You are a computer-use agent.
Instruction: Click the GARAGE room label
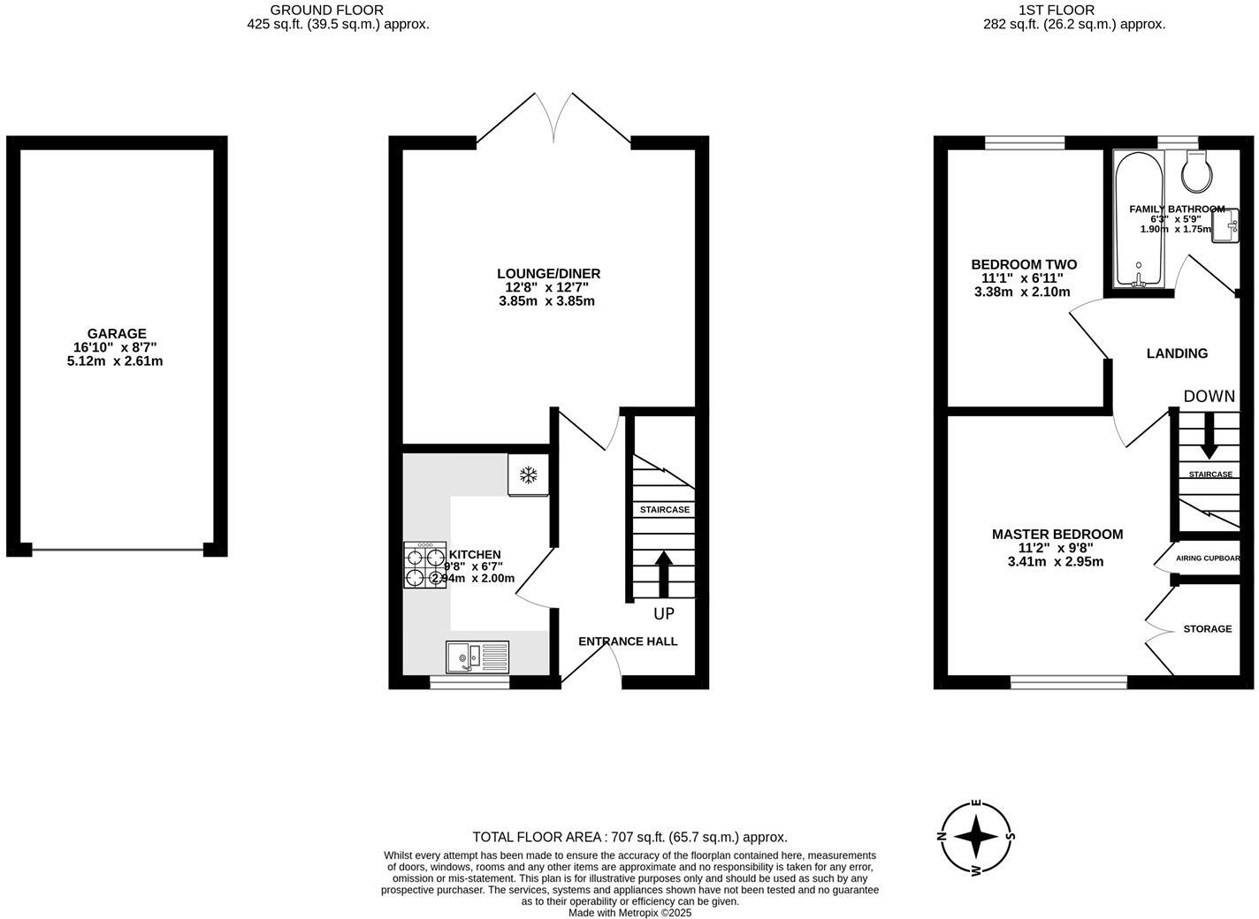coord(116,334)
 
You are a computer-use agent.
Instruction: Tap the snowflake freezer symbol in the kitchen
coord(528,475)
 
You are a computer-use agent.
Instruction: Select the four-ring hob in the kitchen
coord(425,566)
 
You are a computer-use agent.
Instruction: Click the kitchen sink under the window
coord(477,657)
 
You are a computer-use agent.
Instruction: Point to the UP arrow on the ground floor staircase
coord(663,574)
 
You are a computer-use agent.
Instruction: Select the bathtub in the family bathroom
coord(1140,221)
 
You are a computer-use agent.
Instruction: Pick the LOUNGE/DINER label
coord(548,274)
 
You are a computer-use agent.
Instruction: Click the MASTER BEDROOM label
coord(1057,535)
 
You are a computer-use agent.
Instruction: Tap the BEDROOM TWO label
coord(1023,265)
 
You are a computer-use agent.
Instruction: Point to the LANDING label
coord(1176,353)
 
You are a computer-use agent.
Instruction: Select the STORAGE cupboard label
coord(1207,629)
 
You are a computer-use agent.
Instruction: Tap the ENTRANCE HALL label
coord(628,642)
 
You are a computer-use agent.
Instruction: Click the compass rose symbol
coord(976,836)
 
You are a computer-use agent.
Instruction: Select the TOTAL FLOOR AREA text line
coord(629,837)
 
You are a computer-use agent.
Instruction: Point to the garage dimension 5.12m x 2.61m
coord(115,361)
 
